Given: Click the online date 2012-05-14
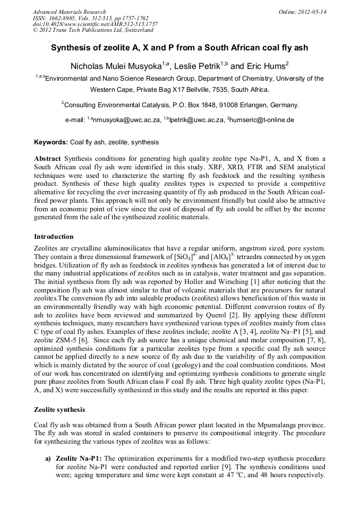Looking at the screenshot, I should [312, 12].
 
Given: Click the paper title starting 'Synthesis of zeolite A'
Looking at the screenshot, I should [179, 48].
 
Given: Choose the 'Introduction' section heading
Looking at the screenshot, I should [54, 237].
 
